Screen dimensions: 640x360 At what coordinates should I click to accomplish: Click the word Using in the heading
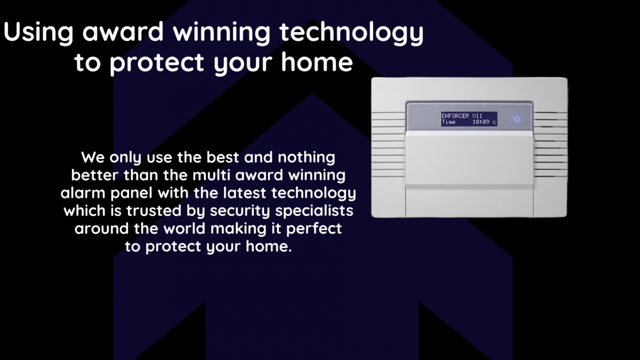(x=38, y=33)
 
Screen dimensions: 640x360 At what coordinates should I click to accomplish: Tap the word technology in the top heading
(x=351, y=33)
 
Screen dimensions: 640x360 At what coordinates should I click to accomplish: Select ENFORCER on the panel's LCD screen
(x=455, y=115)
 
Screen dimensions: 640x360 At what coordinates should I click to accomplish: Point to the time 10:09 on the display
(x=481, y=122)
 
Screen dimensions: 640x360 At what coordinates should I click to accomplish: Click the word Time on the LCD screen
(x=449, y=122)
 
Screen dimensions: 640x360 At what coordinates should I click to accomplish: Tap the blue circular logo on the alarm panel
(x=517, y=119)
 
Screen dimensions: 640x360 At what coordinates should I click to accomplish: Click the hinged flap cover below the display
(x=470, y=160)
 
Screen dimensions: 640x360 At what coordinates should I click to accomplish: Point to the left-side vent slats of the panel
(x=388, y=144)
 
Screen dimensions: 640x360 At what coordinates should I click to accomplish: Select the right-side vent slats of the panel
(x=551, y=144)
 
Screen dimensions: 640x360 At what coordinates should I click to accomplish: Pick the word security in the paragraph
(x=240, y=211)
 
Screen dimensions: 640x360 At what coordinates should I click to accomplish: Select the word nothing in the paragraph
(x=306, y=158)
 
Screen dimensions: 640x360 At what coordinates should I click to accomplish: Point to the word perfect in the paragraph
(x=314, y=229)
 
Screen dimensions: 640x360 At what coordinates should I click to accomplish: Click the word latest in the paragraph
(x=244, y=193)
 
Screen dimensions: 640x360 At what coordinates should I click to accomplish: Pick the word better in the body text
(x=95, y=175)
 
